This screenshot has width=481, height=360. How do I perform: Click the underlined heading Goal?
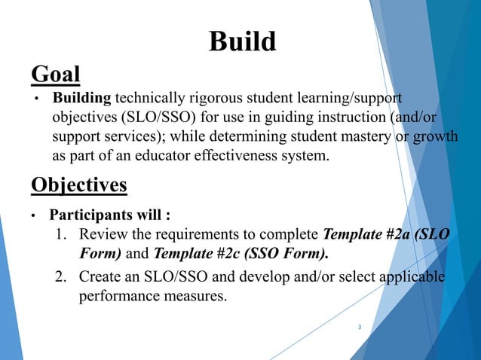click(x=55, y=75)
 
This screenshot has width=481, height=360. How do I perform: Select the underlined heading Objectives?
click(x=78, y=185)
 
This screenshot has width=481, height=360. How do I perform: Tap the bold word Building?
click(x=81, y=99)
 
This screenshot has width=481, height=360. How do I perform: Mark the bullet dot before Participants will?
click(x=32, y=218)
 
